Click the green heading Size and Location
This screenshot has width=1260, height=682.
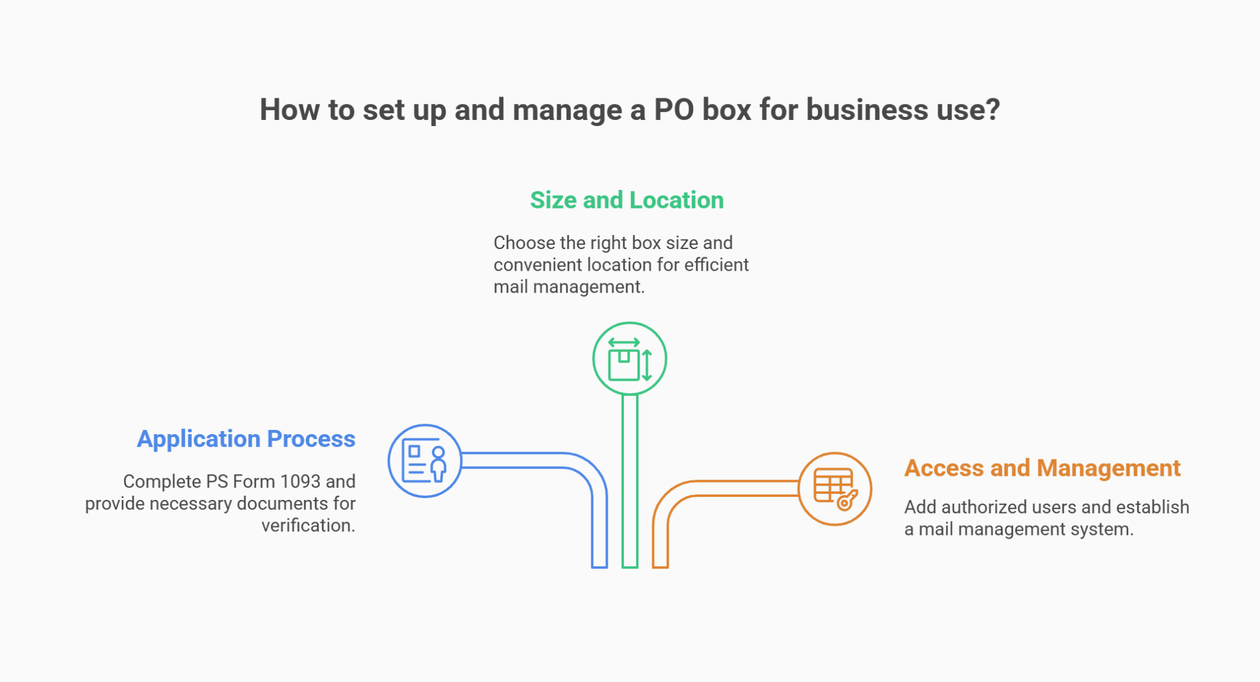(626, 200)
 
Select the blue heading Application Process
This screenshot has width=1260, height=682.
(246, 439)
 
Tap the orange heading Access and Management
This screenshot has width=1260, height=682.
(1042, 469)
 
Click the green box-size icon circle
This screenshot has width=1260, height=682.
(629, 359)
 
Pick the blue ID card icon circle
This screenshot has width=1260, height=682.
(425, 461)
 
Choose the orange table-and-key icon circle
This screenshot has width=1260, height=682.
(834, 489)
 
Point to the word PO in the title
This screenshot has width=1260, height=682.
(674, 110)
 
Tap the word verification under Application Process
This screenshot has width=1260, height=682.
(308, 526)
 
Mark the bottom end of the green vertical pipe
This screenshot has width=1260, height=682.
(629, 564)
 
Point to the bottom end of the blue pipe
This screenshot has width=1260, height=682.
(599, 564)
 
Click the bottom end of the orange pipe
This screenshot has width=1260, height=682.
(660, 564)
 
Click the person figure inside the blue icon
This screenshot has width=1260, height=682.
(438, 464)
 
